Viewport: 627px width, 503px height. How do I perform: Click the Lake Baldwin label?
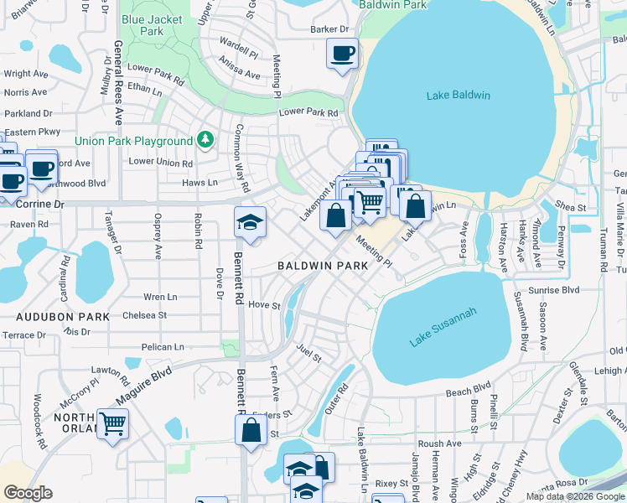458,96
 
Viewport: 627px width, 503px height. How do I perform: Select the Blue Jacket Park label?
142,24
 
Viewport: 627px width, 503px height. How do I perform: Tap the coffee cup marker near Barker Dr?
342,55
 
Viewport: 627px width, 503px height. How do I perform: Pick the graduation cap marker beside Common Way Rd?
250,223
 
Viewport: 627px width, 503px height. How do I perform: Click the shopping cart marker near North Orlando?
112,423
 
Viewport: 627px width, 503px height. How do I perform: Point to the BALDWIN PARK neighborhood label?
324,266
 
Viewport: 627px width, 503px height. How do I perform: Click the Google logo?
28,493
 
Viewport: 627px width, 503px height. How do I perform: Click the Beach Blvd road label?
468,391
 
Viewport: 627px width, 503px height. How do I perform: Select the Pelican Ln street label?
163,347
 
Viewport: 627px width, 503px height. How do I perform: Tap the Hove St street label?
263,306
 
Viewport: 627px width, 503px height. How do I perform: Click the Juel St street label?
308,356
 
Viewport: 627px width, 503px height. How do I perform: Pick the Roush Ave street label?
439,443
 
